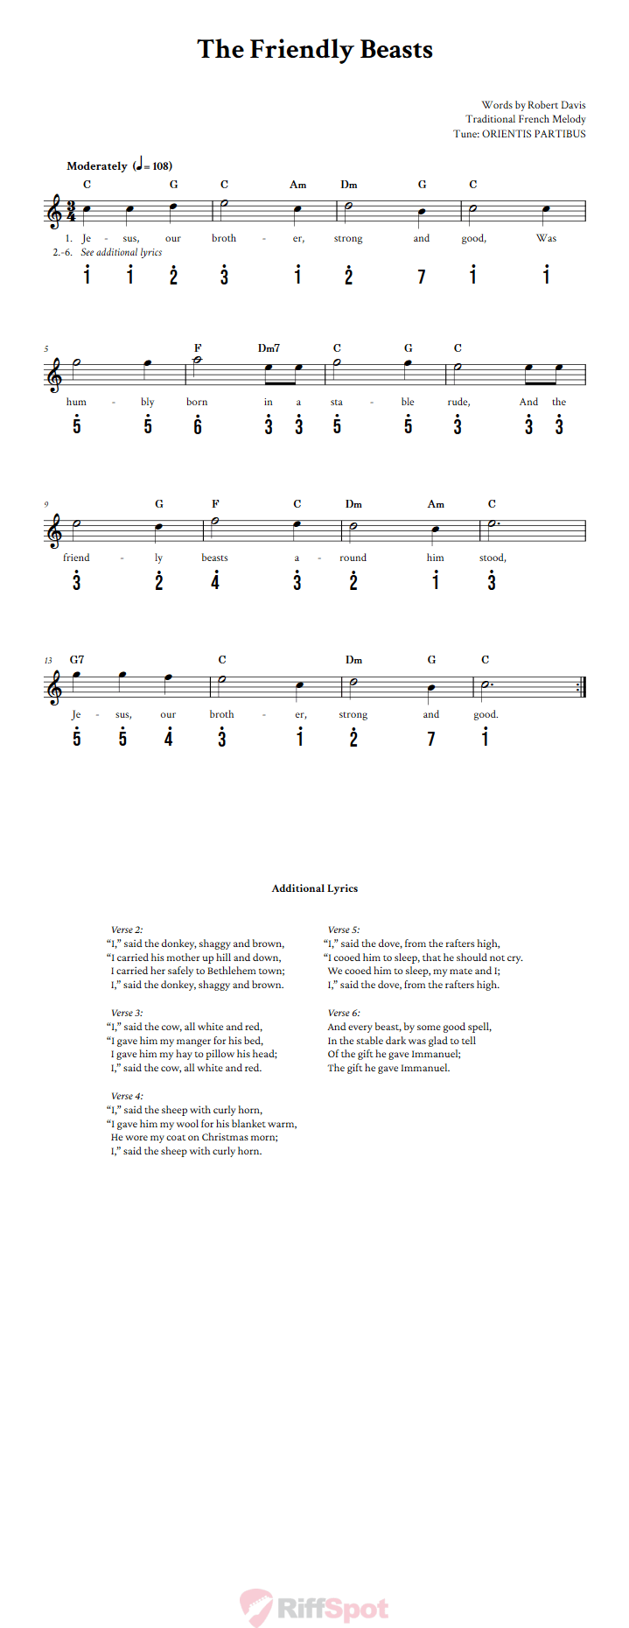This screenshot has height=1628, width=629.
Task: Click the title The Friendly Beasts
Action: click(x=315, y=49)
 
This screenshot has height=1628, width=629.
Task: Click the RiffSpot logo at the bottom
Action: click(x=315, y=1608)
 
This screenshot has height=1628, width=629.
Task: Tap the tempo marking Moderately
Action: click(x=97, y=166)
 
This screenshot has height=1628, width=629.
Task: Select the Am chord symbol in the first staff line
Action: click(x=298, y=185)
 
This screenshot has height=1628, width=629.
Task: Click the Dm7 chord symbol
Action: click(x=269, y=348)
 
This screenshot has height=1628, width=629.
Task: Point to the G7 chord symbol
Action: click(x=77, y=660)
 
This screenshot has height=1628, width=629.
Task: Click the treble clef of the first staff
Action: click(x=55, y=212)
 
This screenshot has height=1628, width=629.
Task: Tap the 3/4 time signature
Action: click(x=71, y=212)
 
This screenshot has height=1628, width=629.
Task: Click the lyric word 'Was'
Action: click(x=546, y=238)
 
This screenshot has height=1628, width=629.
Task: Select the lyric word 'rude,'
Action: click(x=458, y=402)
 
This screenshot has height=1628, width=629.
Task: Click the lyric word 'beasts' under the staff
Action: click(x=214, y=558)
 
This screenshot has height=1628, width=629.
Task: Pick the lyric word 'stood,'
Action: click(x=492, y=558)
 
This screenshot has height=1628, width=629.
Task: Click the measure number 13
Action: click(x=48, y=661)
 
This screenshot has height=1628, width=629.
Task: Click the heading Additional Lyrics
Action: click(x=315, y=888)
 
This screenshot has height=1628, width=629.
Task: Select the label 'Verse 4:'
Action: click(x=127, y=1096)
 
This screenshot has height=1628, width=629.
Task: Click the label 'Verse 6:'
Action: click(x=344, y=1013)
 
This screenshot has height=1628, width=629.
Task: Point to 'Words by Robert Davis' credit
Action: click(x=534, y=105)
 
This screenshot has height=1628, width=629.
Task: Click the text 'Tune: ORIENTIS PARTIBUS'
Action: click(x=520, y=134)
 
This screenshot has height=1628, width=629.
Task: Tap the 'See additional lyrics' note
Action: click(x=122, y=252)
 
